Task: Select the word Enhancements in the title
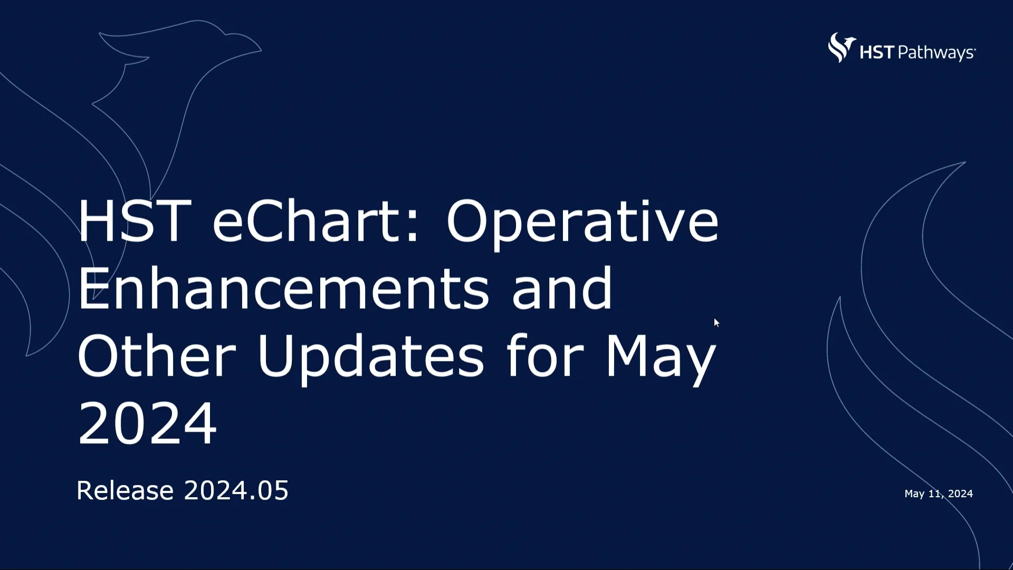click(283, 289)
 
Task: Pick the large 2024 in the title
click(147, 423)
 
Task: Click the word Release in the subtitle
click(125, 490)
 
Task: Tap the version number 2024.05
click(236, 490)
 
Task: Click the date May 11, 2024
click(939, 493)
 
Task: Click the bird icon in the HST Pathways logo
click(841, 47)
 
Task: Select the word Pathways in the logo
click(936, 53)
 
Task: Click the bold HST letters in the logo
click(877, 52)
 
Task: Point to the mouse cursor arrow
click(716, 322)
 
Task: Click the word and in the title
click(562, 289)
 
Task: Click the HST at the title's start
click(134, 221)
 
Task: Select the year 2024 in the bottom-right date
click(960, 493)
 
